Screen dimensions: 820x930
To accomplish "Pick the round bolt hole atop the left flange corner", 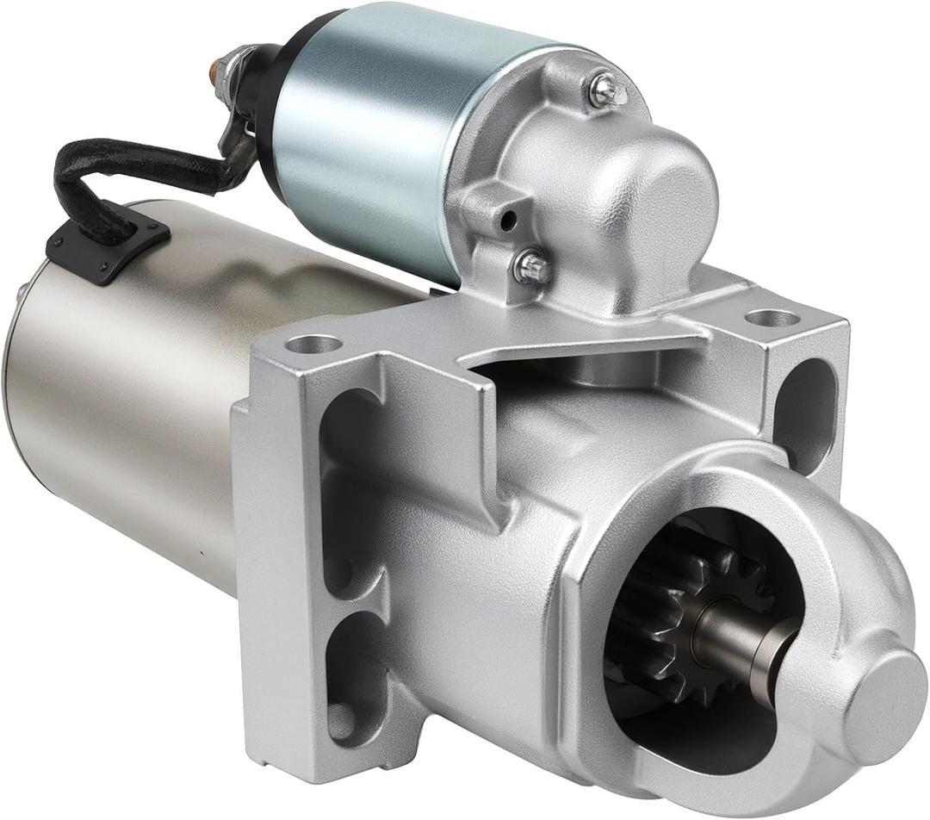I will (x=313, y=345).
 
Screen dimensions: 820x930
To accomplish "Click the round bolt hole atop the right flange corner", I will (x=772, y=318).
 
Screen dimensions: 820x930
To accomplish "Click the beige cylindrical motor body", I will (x=129, y=405).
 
